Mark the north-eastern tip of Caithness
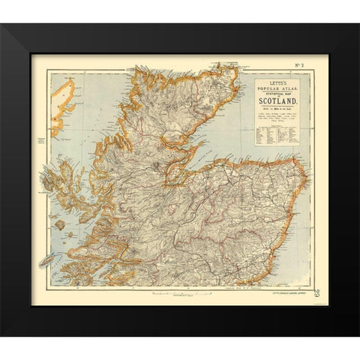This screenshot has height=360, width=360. point(237,70)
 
